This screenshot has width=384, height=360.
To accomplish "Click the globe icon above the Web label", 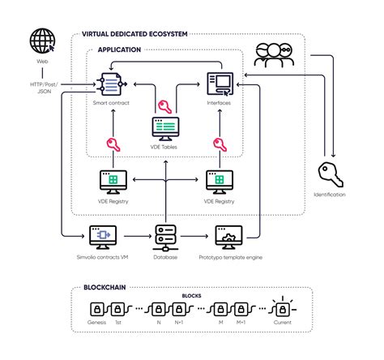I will (x=42, y=41).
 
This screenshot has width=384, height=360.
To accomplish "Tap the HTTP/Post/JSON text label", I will (x=41, y=85).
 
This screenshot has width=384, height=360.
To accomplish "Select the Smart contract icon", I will (x=109, y=83).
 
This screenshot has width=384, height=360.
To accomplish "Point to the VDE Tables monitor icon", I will (x=164, y=128).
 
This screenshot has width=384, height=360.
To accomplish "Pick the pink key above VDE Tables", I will (x=164, y=105).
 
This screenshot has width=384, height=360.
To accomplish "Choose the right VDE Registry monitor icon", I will (x=219, y=180).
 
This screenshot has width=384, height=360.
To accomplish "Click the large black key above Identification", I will (x=329, y=173).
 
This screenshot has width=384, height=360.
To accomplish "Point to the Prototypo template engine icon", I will (x=228, y=237).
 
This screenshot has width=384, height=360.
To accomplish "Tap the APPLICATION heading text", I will (x=119, y=49).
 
